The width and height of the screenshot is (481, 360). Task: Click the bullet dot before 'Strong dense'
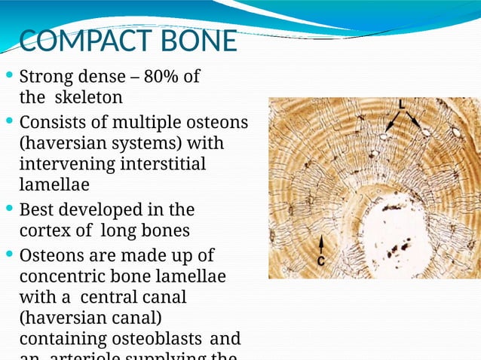click(8, 77)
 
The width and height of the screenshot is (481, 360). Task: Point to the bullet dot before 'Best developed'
click(8, 209)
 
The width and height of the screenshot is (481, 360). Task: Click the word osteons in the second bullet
click(218, 121)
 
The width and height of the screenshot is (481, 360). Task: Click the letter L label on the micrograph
click(403, 103)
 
